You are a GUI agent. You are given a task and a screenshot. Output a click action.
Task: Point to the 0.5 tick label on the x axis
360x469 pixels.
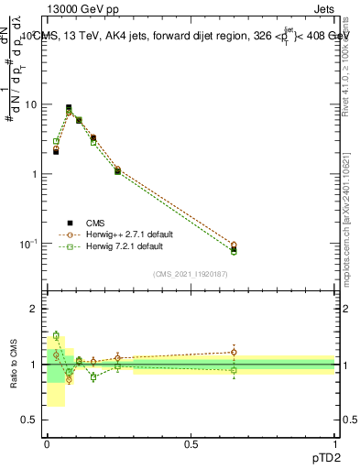pos(191,443)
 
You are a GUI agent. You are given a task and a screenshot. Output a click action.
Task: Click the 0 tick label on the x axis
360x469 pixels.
pos(47,443)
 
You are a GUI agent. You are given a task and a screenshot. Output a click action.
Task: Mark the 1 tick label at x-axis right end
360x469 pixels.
pos(335,443)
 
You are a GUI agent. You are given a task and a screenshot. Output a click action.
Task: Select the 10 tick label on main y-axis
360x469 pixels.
pos(32,104)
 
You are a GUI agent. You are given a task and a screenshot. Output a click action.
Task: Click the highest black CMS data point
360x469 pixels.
pos(69,107)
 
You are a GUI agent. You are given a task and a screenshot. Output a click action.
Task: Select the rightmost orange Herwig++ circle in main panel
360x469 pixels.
pos(234,245)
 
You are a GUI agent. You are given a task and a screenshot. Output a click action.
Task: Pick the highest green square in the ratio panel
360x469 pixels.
pos(56,336)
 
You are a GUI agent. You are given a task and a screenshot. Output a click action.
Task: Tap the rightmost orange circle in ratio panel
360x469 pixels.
pos(234,352)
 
